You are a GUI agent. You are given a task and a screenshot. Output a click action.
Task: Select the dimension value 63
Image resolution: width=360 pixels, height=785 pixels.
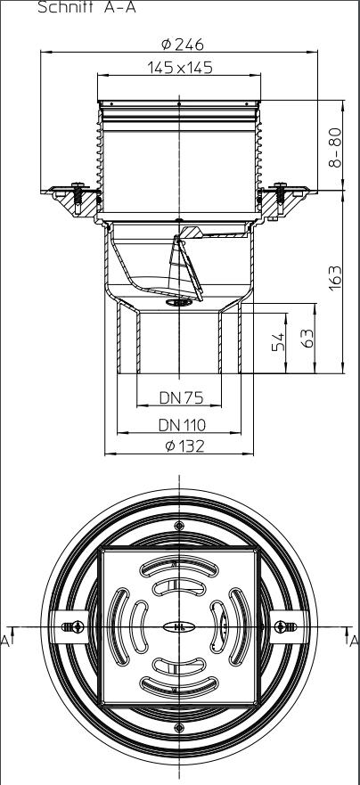pos(307,339)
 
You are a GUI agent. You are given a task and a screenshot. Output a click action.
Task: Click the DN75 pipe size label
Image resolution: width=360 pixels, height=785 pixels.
pos(179,396)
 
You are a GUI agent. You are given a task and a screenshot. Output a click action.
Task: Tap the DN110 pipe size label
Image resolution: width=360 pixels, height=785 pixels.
pos(179,425)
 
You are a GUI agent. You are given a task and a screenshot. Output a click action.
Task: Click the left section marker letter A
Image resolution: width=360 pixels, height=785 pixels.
pos(5,639)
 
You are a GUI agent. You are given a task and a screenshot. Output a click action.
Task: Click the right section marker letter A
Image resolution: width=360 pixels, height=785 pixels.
pos(353,639)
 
